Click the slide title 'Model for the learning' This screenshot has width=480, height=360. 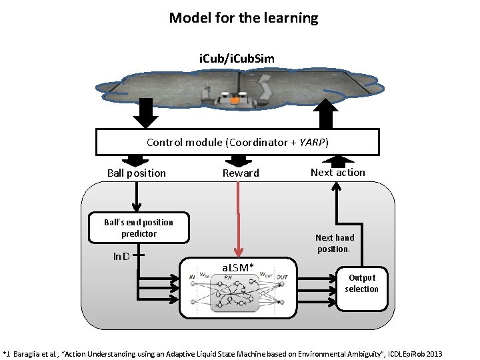[x=243, y=18]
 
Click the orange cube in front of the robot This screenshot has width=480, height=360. [x=235, y=101]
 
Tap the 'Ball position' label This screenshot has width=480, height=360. [x=136, y=173]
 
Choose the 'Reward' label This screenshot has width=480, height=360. [x=241, y=173]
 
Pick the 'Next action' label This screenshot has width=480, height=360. [x=338, y=172]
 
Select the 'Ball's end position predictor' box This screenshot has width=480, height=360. [x=139, y=228]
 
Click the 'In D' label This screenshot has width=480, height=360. [x=121, y=255]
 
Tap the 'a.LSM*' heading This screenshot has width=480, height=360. [x=238, y=267]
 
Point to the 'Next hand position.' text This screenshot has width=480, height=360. [x=335, y=243]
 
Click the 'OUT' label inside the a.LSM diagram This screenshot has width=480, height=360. [x=283, y=277]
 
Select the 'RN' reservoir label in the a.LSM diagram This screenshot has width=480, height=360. [x=228, y=277]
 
